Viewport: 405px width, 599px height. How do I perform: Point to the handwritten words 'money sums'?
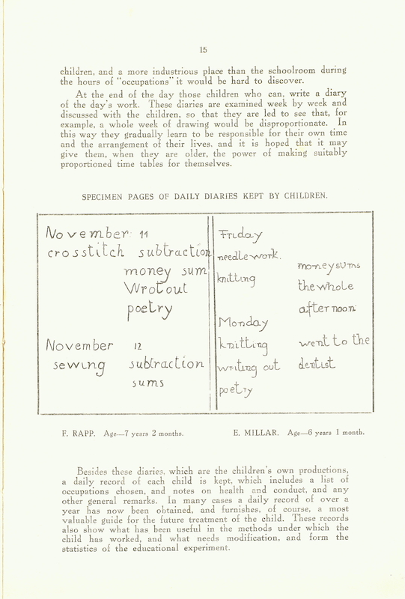(x=330, y=267)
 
